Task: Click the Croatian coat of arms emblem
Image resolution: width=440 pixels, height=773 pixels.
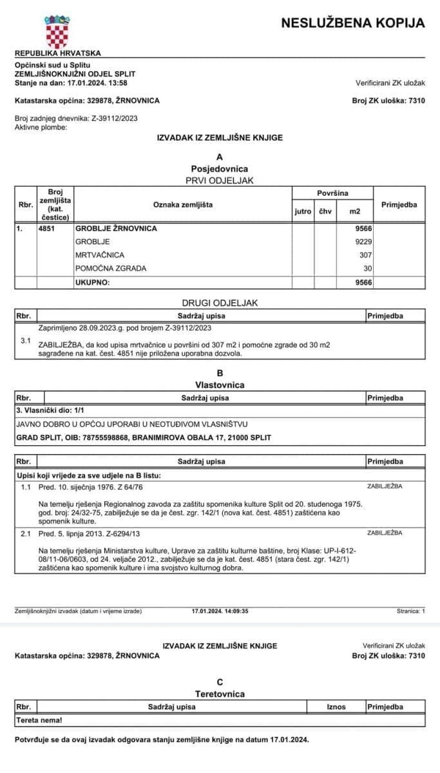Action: click(57, 29)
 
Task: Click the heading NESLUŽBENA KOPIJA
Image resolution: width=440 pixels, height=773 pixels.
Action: click(353, 23)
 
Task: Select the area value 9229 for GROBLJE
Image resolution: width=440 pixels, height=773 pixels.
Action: click(363, 242)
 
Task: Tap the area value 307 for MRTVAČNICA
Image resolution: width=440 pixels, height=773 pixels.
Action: click(367, 255)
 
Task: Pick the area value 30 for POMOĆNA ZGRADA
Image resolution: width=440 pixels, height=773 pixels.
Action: click(368, 269)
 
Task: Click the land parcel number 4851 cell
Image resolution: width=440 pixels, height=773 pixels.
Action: click(47, 228)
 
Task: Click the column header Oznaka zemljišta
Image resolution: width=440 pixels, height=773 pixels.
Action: click(183, 205)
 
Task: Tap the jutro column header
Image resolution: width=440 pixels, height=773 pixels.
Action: click(303, 211)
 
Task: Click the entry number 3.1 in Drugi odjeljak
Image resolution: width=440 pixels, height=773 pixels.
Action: click(26, 339)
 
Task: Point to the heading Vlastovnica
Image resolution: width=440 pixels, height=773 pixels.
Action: click(220, 385)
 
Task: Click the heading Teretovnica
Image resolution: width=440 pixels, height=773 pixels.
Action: click(220, 694)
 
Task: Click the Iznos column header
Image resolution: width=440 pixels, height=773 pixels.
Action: click(336, 707)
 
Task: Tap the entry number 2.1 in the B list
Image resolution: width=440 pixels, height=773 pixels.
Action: click(26, 533)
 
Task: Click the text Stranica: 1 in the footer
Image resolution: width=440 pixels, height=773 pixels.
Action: click(411, 611)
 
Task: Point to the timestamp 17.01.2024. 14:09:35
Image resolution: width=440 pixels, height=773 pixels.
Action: click(220, 611)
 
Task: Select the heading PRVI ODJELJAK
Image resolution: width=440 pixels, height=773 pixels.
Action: click(220, 180)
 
